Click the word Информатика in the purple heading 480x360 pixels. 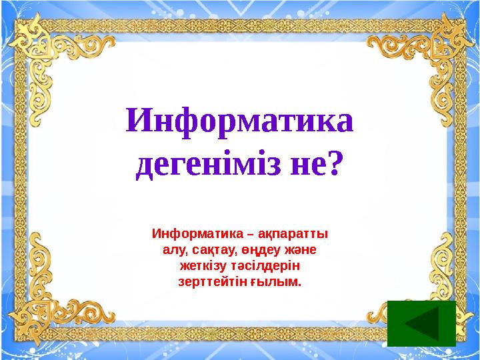(x=239, y=122)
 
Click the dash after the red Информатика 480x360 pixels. (x=249, y=235)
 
